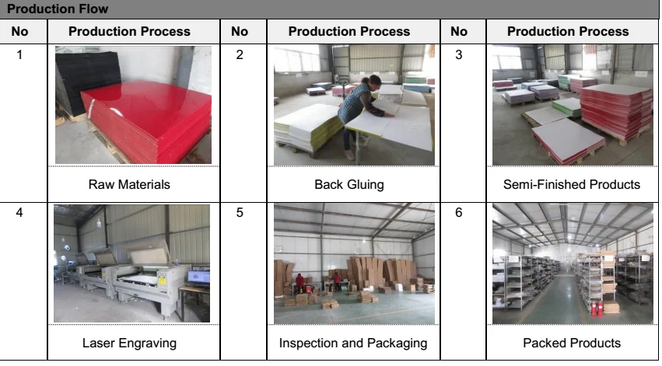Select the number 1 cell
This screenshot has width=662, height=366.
click(20, 54)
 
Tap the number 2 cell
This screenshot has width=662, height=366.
click(240, 54)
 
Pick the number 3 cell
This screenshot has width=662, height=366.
click(459, 54)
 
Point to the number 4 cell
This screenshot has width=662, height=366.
click(20, 211)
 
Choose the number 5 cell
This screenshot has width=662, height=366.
click(240, 211)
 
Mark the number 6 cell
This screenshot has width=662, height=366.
click(459, 211)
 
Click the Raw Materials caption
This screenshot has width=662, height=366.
click(129, 184)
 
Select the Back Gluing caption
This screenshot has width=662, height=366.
click(349, 184)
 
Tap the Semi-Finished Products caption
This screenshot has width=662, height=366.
click(572, 184)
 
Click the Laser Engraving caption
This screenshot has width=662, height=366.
click(129, 343)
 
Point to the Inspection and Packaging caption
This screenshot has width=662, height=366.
click(353, 343)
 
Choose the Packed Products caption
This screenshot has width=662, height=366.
click(572, 343)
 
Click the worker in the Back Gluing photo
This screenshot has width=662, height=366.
click(359, 108)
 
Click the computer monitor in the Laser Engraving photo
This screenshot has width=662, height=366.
click(199, 277)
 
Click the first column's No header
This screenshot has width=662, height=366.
click(20, 32)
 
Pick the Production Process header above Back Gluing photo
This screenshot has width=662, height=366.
click(349, 32)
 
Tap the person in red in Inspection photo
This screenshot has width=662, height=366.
click(300, 281)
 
